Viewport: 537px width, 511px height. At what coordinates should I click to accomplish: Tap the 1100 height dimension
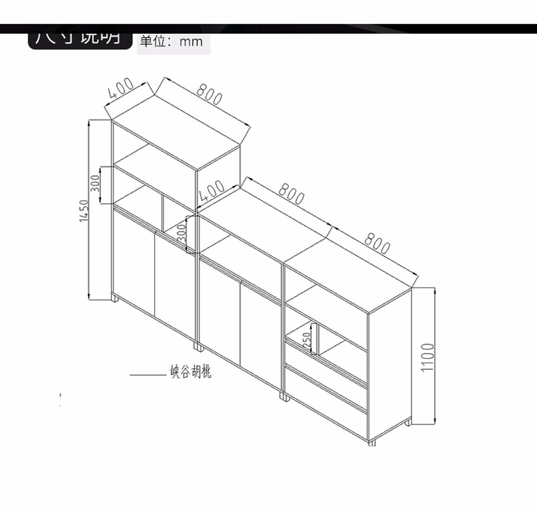pyautogui.click(x=429, y=357)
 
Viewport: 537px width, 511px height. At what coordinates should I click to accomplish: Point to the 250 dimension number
pyautogui.click(x=307, y=340)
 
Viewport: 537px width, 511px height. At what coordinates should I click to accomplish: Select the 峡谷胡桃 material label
pyautogui.click(x=191, y=373)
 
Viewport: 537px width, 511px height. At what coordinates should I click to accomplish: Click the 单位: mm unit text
pyautogui.click(x=171, y=41)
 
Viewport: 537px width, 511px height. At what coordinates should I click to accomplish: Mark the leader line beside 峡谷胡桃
pyautogui.click(x=148, y=374)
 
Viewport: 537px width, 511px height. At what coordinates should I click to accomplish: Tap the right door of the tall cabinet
pyautogui.click(x=175, y=285)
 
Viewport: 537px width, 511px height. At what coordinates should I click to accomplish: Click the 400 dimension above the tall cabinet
pyautogui.click(x=120, y=88)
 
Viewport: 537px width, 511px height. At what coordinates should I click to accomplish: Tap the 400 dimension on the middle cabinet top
pyautogui.click(x=211, y=191)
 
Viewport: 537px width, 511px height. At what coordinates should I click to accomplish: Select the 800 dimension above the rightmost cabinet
pyautogui.click(x=376, y=243)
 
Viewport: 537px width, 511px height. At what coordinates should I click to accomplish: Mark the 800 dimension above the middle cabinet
pyautogui.click(x=291, y=194)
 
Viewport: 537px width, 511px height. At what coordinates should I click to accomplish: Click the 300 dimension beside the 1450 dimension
pyautogui.click(x=95, y=184)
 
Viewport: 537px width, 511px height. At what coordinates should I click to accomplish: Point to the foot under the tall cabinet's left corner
pyautogui.click(x=114, y=298)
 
